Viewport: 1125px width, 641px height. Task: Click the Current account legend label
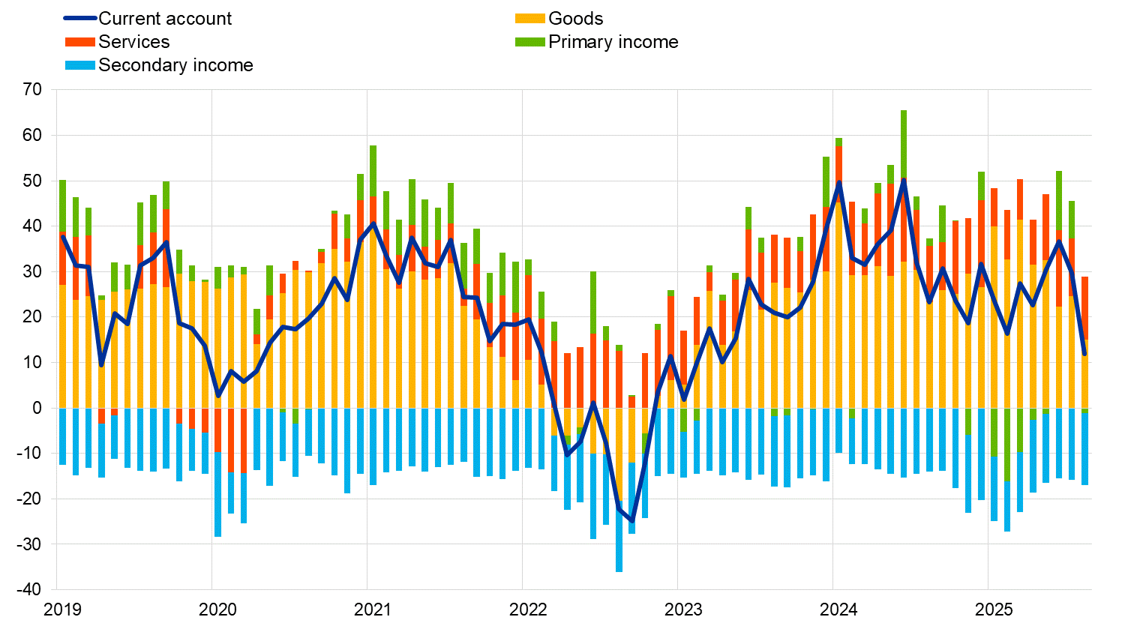pyautogui.click(x=165, y=19)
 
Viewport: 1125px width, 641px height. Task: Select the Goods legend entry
pyautogui.click(x=575, y=19)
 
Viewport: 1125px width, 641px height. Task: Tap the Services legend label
pyautogui.click(x=133, y=42)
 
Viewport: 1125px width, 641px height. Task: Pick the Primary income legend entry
pyautogui.click(x=613, y=42)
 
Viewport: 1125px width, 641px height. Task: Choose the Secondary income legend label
pyautogui.click(x=175, y=65)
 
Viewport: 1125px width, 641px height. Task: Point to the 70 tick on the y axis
pyautogui.click(x=32, y=90)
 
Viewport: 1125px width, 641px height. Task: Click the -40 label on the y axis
pyautogui.click(x=29, y=589)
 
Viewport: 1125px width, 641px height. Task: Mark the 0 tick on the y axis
pyautogui.click(x=38, y=408)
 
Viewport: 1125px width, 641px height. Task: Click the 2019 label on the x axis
pyautogui.click(x=63, y=610)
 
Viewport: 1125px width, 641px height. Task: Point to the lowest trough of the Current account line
pyautogui.click(x=631, y=520)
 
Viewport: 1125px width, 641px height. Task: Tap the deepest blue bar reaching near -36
pyautogui.click(x=619, y=536)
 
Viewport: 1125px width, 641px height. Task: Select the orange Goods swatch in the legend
pyautogui.click(x=529, y=19)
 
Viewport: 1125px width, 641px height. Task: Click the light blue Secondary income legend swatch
pyautogui.click(x=80, y=65)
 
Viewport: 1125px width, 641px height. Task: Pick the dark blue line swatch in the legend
pyautogui.click(x=80, y=19)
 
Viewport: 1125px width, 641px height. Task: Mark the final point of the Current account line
pyautogui.click(x=1084, y=353)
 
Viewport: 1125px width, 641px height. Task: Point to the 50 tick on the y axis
pyautogui.click(x=32, y=181)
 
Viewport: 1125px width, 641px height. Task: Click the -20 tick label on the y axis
pyautogui.click(x=29, y=499)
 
